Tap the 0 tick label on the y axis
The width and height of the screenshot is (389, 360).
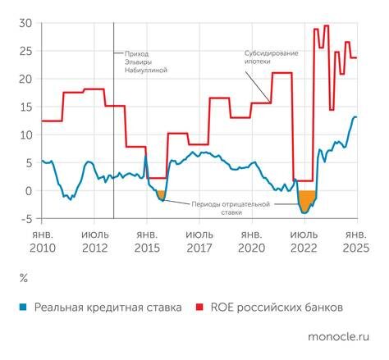click(x=28, y=191)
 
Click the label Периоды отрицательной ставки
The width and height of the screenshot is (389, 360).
click(x=231, y=207)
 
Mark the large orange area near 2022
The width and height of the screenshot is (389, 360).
click(x=307, y=199)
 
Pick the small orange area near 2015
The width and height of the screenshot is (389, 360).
click(x=161, y=194)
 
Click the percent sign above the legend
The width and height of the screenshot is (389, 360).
click(x=23, y=279)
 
